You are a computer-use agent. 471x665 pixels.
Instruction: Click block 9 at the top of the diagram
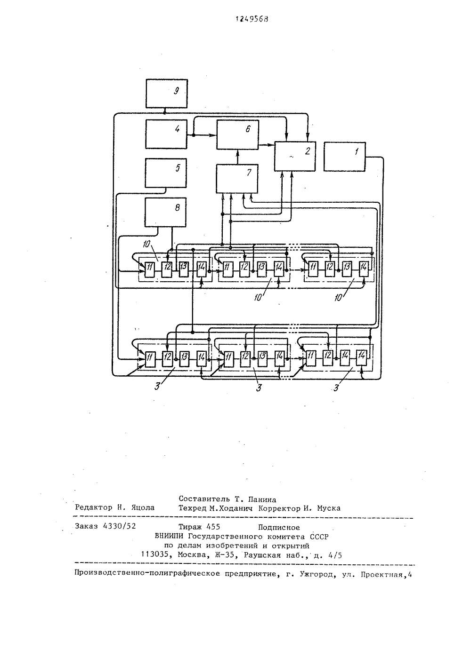point(167,94)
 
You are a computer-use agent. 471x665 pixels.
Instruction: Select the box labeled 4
point(166,134)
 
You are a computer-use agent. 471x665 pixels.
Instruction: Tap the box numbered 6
point(237,135)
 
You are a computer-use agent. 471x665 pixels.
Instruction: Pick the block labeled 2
point(295,156)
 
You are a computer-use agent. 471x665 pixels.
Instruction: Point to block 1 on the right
point(344,157)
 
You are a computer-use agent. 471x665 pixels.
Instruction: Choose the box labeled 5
point(166,173)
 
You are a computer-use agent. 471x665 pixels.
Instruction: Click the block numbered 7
point(237,179)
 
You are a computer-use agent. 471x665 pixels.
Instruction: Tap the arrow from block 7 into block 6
point(237,157)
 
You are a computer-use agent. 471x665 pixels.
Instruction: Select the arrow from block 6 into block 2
point(266,145)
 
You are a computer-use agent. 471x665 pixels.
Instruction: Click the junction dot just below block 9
point(164,113)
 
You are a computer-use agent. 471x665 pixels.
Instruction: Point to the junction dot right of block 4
point(193,135)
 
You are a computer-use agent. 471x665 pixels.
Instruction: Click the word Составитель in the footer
point(204,499)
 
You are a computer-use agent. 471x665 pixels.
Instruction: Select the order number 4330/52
point(119,526)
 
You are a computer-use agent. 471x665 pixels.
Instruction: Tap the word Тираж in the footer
point(190,527)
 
